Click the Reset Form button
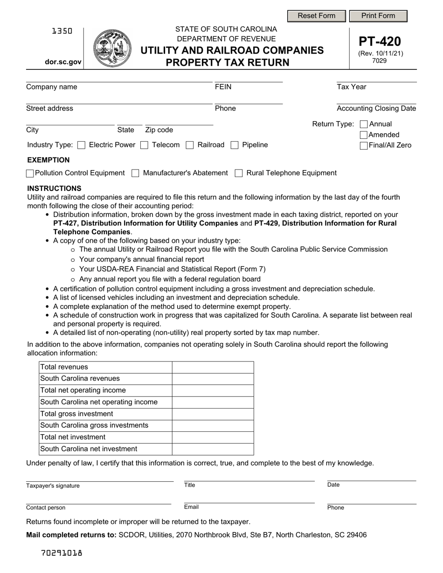(316, 16)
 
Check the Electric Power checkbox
(82, 145)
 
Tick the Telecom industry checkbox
(145, 145)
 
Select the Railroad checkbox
(190, 145)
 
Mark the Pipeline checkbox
(235, 145)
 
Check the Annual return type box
(364, 124)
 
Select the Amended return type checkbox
(364, 135)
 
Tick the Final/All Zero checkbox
(364, 146)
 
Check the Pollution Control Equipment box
(30, 173)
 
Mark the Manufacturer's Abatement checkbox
(135, 173)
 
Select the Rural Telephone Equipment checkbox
(239, 173)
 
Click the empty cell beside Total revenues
(213, 367)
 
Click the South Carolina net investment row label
(89, 449)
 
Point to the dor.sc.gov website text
(63, 62)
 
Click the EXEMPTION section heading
(48, 160)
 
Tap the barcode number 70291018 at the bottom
(62, 553)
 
